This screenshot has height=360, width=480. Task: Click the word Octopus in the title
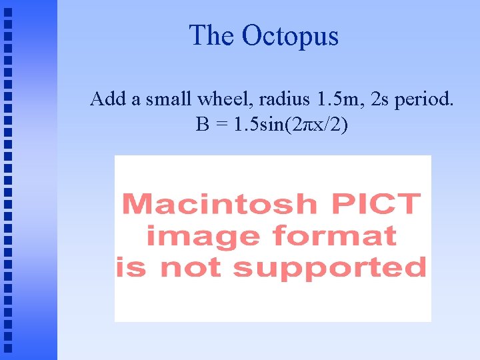(x=290, y=35)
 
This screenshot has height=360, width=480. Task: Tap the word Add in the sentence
(x=108, y=100)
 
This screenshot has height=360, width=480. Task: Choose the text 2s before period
(x=380, y=100)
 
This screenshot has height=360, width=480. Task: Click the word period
(x=425, y=101)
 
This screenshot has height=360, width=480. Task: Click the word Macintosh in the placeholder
(x=219, y=203)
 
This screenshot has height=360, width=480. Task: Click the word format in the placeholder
(x=331, y=236)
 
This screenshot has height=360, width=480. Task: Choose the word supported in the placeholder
(x=329, y=269)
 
